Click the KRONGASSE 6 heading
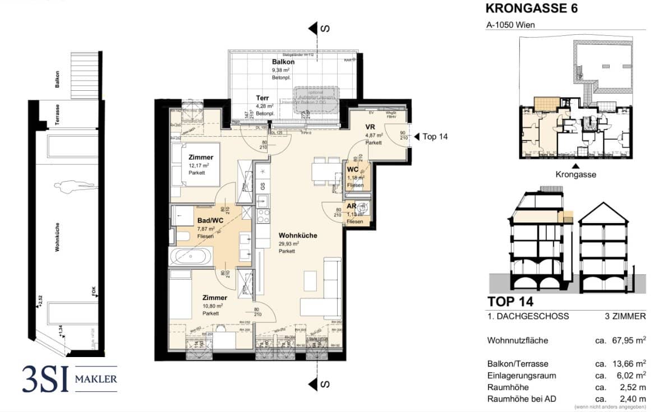pos(531,8)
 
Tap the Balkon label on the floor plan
pos(283,62)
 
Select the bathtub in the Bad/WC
pos(191,257)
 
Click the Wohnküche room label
pos(298,235)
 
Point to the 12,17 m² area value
pos(197,166)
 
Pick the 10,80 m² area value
pos(213,306)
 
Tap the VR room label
pos(370,127)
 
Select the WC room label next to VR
pos(353,169)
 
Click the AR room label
pos(352,206)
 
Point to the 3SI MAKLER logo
pos(70,379)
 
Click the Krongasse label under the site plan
pos(575,174)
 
